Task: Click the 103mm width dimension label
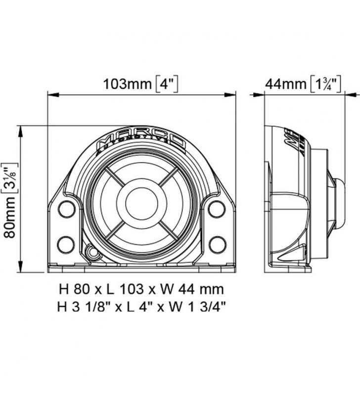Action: coord(128,84)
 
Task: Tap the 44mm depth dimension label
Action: coord(285,84)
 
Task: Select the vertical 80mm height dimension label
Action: coord(9,217)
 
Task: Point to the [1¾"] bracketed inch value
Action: coord(325,84)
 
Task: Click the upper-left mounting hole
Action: coord(67,209)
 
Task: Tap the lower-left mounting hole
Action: coord(66,244)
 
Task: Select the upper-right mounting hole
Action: coord(217,209)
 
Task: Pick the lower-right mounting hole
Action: coord(218,244)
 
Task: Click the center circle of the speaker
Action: coord(142,204)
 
